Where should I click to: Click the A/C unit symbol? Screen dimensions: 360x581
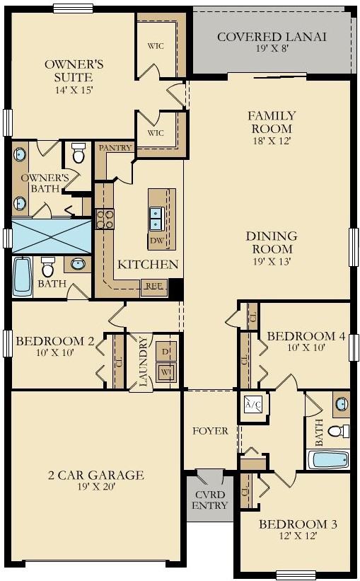tap(253, 405)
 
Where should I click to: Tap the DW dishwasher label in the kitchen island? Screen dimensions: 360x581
tap(157, 241)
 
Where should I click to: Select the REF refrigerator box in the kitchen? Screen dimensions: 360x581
tap(154, 287)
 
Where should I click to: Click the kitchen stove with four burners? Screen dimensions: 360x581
tap(105, 219)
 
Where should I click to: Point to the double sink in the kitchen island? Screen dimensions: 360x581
tap(155, 219)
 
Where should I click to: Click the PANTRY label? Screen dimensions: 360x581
tap(115, 147)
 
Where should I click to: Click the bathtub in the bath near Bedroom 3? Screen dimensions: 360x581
tap(327, 459)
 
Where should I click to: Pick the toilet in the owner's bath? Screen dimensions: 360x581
tap(78, 154)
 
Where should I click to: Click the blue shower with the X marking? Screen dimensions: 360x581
tap(52, 236)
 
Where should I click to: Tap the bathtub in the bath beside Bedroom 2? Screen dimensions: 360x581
tap(22, 277)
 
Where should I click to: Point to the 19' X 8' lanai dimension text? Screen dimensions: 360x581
tap(272, 48)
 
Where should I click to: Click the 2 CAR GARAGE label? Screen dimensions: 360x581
tap(96, 475)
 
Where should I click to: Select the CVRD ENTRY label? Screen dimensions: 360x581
tap(210, 500)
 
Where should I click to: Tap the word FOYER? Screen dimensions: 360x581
tap(210, 431)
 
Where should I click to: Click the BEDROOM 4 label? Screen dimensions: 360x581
tap(306, 336)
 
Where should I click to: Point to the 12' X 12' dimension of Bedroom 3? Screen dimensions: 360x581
tap(298, 536)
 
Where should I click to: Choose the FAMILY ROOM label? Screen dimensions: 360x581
tap(272, 122)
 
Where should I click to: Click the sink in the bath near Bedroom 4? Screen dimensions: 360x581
tap(342, 404)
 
